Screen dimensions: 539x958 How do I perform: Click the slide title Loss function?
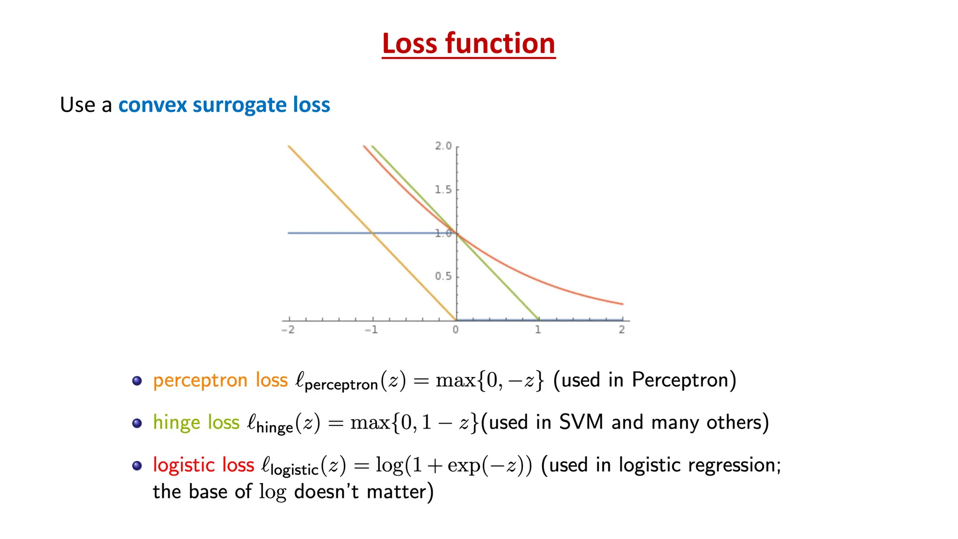[x=468, y=44]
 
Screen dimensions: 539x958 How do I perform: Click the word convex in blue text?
[x=152, y=105]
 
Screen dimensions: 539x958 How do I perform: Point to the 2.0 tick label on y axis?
[x=443, y=146]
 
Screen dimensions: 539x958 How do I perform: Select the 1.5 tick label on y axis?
[x=443, y=189]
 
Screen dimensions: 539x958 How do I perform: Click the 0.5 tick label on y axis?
[x=443, y=276]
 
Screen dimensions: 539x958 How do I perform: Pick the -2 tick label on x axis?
[x=288, y=330]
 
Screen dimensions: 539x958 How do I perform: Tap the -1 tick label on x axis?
[x=371, y=330]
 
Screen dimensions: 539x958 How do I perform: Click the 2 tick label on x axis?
[x=622, y=330]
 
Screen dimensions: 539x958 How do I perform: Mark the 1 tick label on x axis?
[x=538, y=330]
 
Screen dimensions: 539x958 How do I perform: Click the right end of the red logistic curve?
[x=622, y=304]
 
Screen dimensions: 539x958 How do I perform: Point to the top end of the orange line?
[x=289, y=146]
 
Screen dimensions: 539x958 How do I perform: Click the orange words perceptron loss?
[x=220, y=380]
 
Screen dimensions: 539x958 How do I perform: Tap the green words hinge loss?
[x=196, y=422]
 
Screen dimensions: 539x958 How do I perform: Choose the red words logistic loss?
[x=203, y=465]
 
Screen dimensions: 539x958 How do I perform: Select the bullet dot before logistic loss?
[x=137, y=466]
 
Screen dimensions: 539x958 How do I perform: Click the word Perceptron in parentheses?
[x=680, y=380]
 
